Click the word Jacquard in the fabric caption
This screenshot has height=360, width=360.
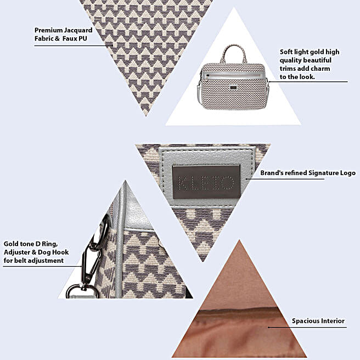pyautogui.click(x=78, y=31)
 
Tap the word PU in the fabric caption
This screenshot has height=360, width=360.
pyautogui.click(x=83, y=38)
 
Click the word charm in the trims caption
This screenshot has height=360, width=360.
pyautogui.click(x=319, y=69)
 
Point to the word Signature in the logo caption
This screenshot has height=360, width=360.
pyautogui.click(x=322, y=173)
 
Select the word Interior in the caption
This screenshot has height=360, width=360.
pyautogui.click(x=333, y=320)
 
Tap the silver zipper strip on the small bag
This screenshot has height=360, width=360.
pyautogui.click(x=233, y=76)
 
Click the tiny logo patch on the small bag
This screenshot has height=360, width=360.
pyautogui.click(x=233, y=87)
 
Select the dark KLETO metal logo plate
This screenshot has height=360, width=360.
pyautogui.click(x=206, y=182)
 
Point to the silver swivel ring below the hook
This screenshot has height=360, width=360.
pyautogui.click(x=82, y=291)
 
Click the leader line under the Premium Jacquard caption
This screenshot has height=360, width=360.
pyautogui.click(x=74, y=46)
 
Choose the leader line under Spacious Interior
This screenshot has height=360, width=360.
pyautogui.click(x=307, y=327)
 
